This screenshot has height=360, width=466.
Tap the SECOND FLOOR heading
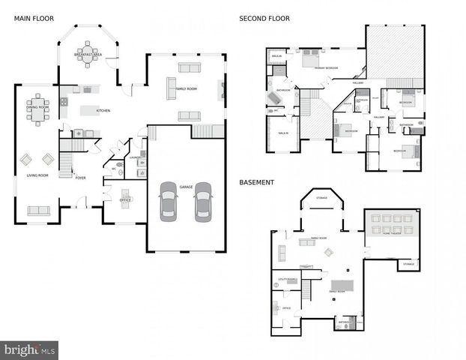tap(264, 17)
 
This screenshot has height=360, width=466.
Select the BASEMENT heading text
tap(257, 182)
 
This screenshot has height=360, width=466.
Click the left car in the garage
tap(169, 202)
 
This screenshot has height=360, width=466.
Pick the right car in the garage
tap(202, 202)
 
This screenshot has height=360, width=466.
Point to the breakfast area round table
tap(88, 52)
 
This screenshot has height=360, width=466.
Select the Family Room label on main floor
tap(186, 89)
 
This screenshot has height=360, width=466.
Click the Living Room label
tap(37, 175)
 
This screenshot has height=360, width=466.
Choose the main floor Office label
tap(125, 200)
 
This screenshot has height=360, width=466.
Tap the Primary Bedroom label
tap(325, 68)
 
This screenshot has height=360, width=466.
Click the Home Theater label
tap(397, 233)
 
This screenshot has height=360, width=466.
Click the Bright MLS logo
tap(29, 349)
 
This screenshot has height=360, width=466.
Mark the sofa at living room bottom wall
tap(38, 210)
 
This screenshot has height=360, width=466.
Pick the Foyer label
tap(80, 178)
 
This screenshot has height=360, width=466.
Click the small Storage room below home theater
tap(408, 264)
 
